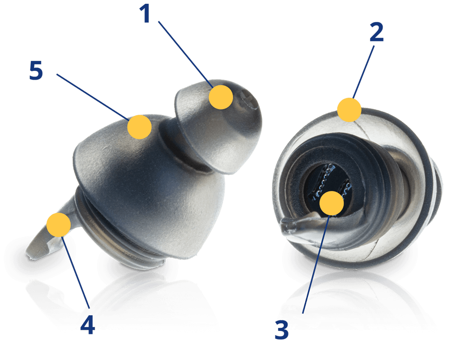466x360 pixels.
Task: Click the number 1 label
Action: [x=145, y=14]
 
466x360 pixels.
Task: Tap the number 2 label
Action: [x=377, y=33]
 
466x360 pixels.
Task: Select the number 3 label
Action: [x=282, y=330]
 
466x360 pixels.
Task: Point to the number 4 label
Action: [x=88, y=325]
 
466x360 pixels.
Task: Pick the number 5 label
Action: [x=36, y=70]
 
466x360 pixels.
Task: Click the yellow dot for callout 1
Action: [x=221, y=97]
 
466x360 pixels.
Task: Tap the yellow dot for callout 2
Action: [x=349, y=110]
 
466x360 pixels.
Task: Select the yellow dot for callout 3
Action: [x=332, y=203]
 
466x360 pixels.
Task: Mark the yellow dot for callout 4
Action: [x=59, y=224]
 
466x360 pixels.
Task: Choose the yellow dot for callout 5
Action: [x=139, y=127]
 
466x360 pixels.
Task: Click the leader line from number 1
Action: [x=186, y=54]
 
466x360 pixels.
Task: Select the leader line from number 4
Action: [x=75, y=272]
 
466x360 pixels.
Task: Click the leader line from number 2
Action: [x=363, y=72]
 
